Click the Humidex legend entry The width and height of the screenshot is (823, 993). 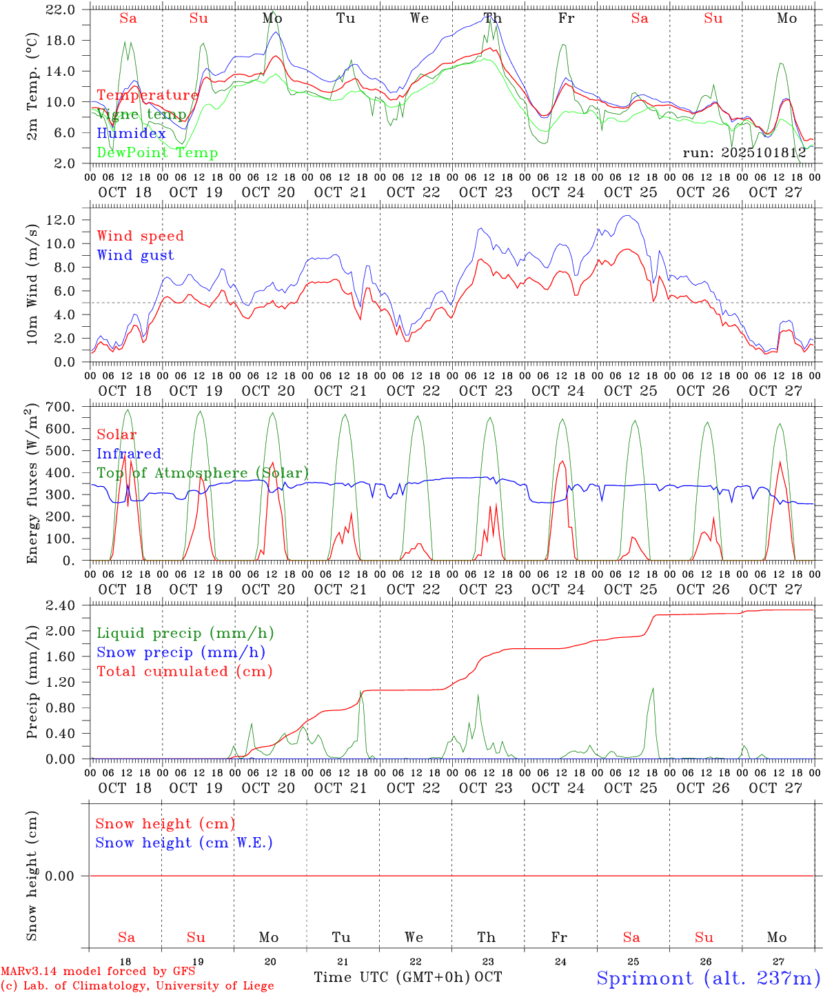click(x=131, y=134)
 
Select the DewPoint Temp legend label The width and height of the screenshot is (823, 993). click(x=157, y=153)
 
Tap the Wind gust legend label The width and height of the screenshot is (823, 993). click(x=135, y=255)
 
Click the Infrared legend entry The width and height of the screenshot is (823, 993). click(x=129, y=454)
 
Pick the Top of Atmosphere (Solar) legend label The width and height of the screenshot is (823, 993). click(x=203, y=473)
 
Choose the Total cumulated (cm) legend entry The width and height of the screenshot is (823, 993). click(x=184, y=672)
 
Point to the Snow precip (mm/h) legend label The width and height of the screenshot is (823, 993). click(x=181, y=652)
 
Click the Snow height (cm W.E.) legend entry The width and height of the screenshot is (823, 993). click(x=184, y=843)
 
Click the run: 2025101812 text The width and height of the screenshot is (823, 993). click(x=744, y=153)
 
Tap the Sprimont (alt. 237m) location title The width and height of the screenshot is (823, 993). click(x=708, y=978)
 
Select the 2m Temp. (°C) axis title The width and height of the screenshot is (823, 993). click(x=32, y=86)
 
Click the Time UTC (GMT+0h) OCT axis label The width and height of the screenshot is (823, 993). click(x=407, y=977)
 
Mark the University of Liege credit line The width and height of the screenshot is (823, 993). click(x=137, y=985)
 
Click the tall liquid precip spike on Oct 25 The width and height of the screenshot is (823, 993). click(x=652, y=690)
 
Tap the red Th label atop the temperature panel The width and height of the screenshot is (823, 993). click(x=492, y=19)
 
